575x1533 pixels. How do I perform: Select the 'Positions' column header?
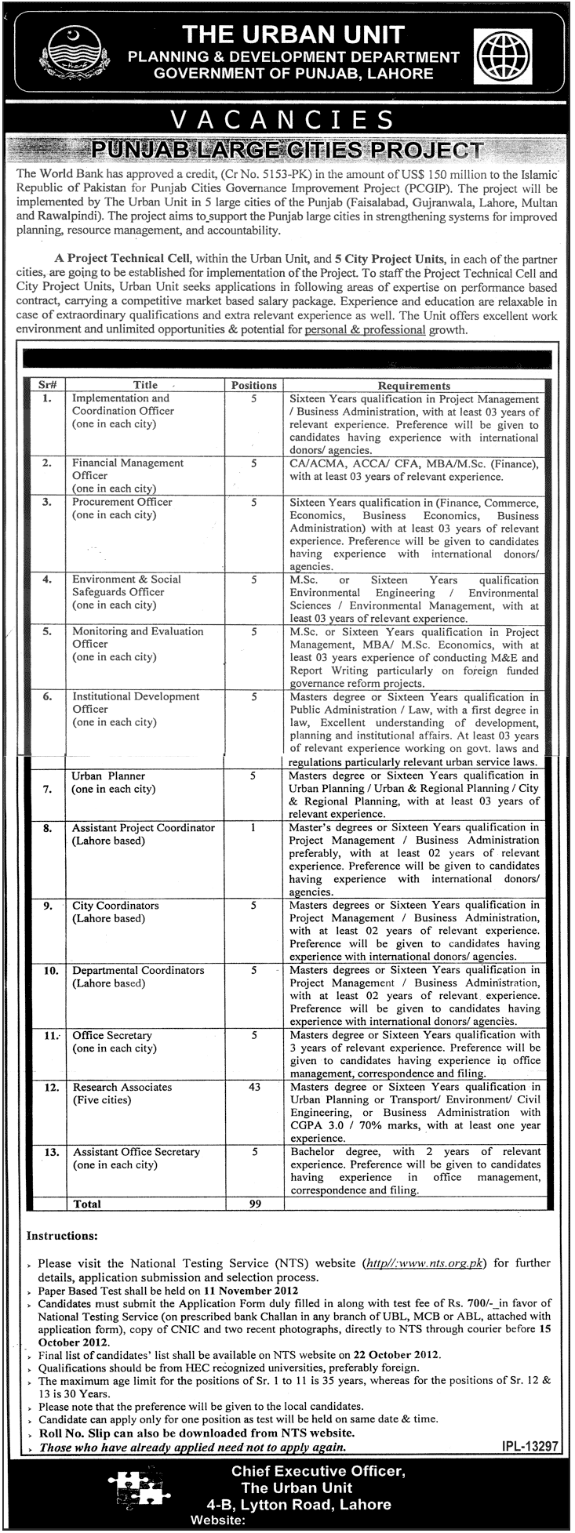[254, 385]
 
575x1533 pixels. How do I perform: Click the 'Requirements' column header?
[414, 385]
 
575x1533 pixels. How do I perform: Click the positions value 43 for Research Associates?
[254, 1087]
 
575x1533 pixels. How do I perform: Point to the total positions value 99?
[254, 1204]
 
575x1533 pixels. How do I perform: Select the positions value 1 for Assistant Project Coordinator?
[254, 827]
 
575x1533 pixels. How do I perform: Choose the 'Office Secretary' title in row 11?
[112, 1035]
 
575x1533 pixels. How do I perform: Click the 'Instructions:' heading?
[63, 1235]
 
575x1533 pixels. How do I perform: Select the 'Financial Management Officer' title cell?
[128, 469]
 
